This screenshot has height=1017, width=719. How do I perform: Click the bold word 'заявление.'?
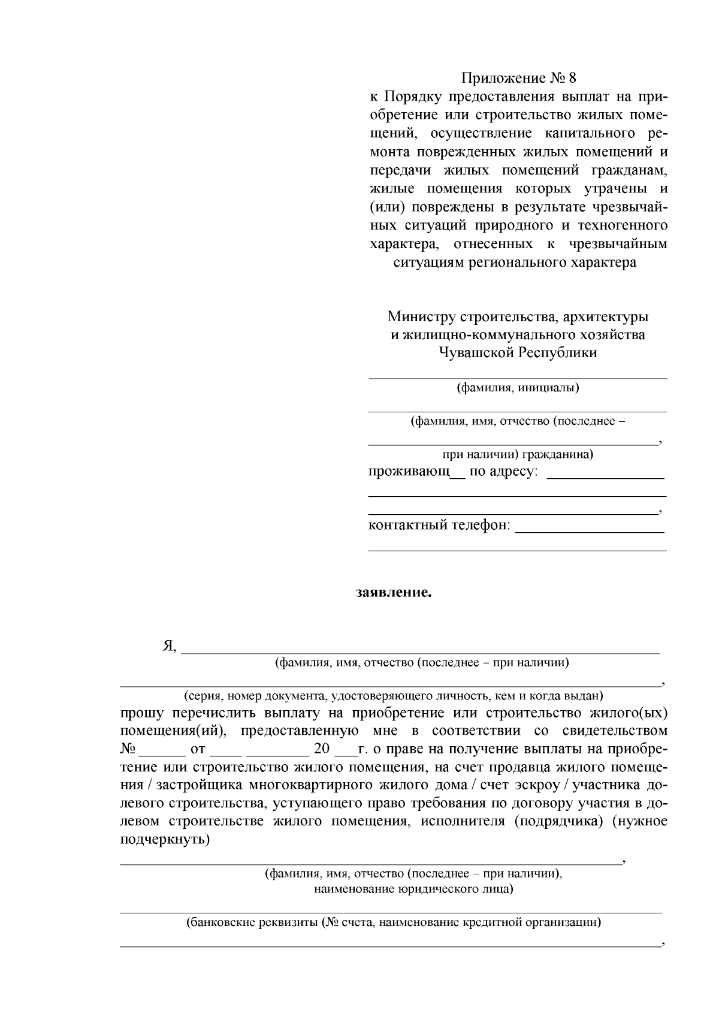(394, 593)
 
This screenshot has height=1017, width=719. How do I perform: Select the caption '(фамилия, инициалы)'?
(518, 388)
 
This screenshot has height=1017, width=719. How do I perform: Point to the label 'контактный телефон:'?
(439, 526)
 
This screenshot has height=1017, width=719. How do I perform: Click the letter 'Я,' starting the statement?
(170, 646)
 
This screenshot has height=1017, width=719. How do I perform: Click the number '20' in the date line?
(322, 750)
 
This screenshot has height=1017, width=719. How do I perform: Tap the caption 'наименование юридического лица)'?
(413, 889)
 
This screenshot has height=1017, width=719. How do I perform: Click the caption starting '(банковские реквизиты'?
(393, 922)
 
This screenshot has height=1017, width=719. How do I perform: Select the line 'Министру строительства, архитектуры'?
(518, 316)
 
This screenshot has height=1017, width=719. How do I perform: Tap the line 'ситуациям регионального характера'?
(515, 263)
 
